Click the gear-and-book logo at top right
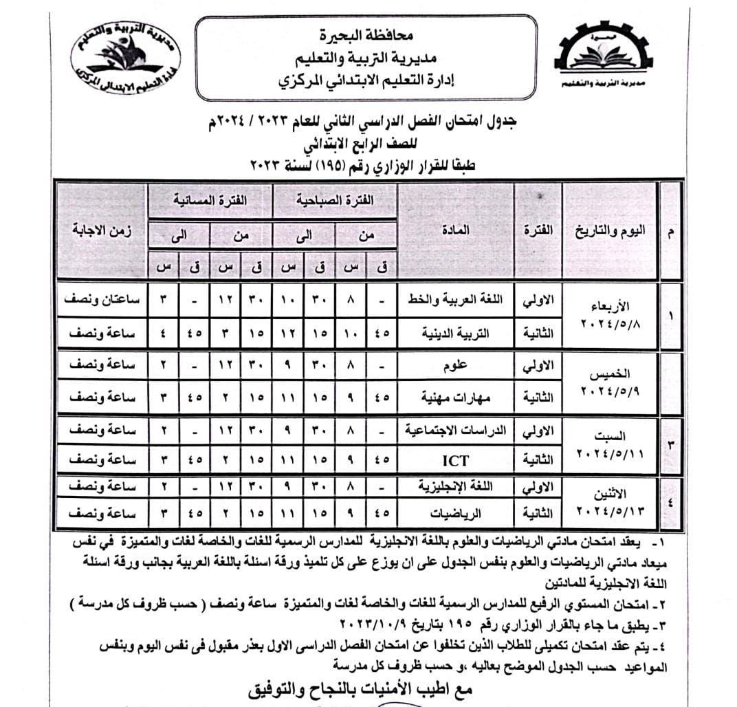pyautogui.click(x=604, y=57)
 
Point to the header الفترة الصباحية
pyautogui.click(x=335, y=199)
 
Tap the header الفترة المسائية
pyautogui.click(x=210, y=199)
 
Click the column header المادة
pyautogui.click(x=456, y=231)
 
